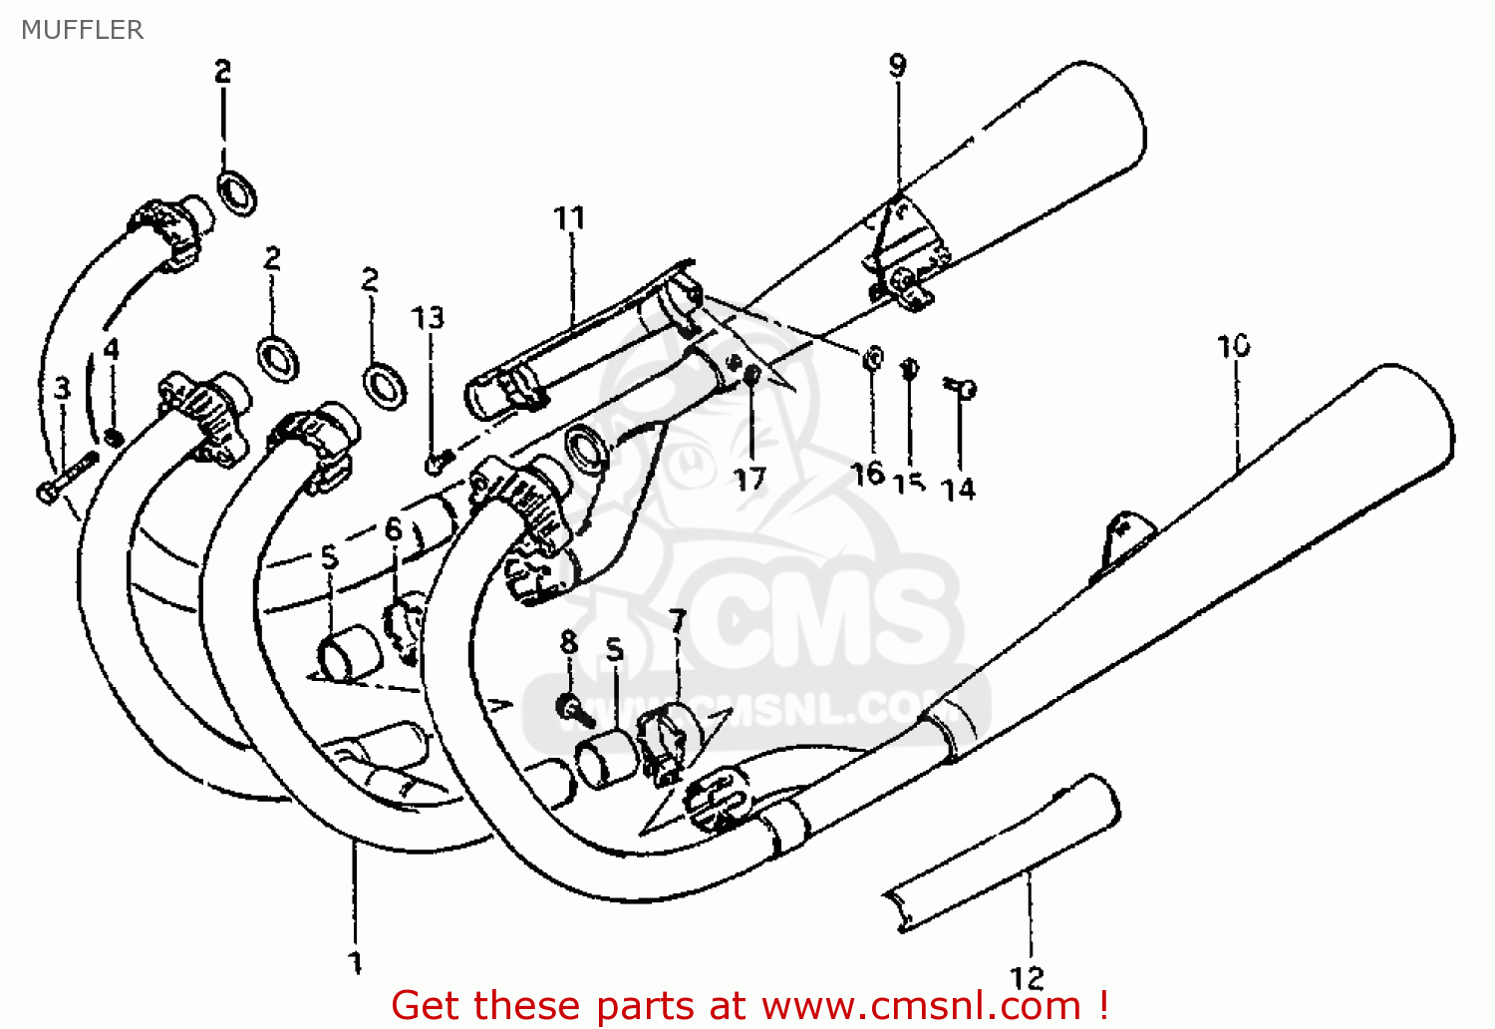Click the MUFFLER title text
82,30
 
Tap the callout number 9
897,66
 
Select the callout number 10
1233,346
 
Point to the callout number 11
569,217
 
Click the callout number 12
1027,977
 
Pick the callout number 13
429,317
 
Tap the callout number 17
749,480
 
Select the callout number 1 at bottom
355,962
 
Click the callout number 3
63,388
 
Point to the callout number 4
112,349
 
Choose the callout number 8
568,641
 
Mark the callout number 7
678,621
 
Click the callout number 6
394,528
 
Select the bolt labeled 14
962,388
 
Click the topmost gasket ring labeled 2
238,191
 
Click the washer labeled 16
872,358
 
